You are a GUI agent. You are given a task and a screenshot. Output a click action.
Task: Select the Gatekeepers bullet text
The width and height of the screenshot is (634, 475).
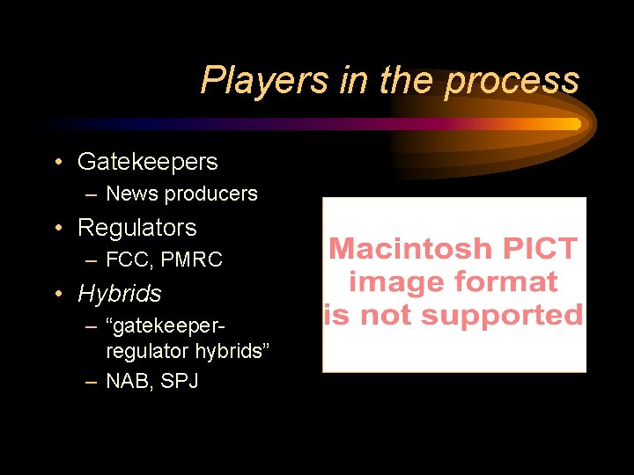(147, 162)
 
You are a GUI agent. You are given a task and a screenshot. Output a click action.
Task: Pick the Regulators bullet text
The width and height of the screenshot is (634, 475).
(136, 228)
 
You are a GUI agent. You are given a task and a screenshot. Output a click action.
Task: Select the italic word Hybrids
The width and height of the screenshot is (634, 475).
(119, 293)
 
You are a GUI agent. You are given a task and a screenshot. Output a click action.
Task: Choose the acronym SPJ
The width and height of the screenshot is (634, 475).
(179, 382)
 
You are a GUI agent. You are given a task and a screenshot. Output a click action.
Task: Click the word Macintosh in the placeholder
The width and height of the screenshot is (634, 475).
(410, 249)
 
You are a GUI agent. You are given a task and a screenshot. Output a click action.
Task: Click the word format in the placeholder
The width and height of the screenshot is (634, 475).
(505, 281)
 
